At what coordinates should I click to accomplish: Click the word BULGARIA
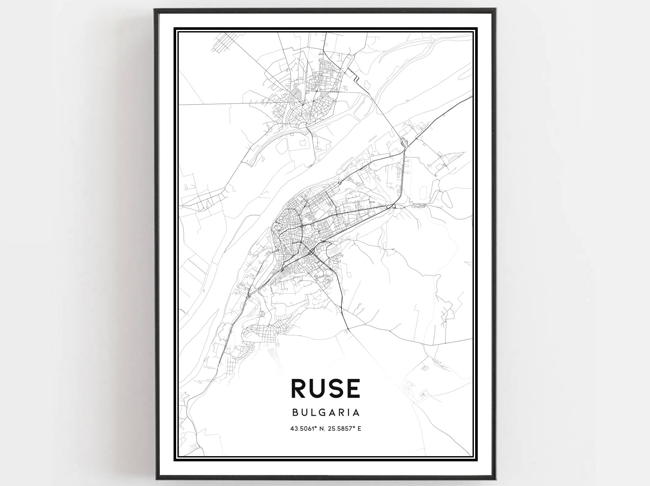pos(326,413)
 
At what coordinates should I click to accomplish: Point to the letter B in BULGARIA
pos(295,413)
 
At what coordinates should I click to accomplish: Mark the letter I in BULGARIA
pos(349,413)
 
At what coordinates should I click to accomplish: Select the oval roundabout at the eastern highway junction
pos(394,206)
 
